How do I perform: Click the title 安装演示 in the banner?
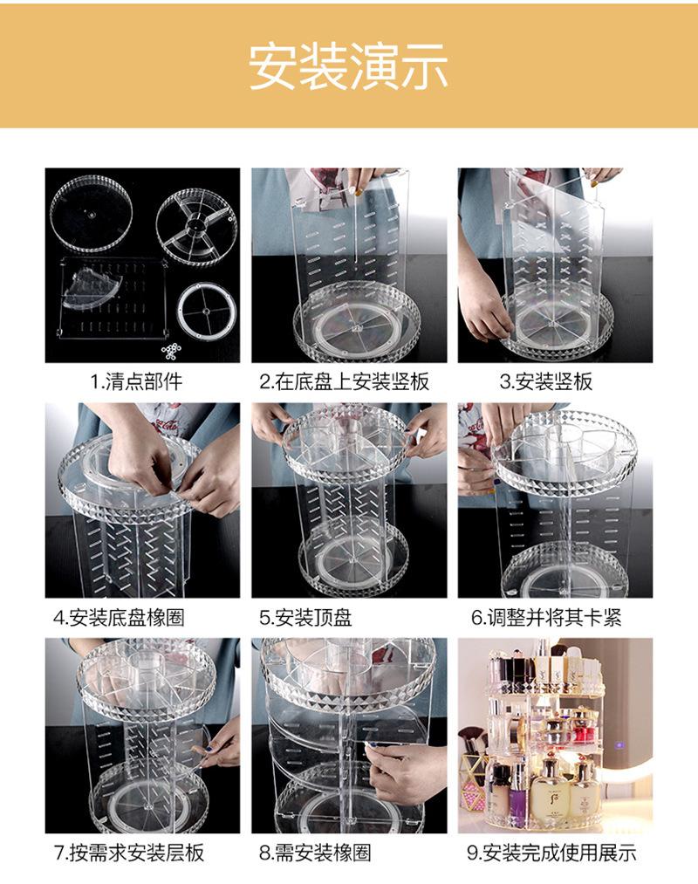pos(348,66)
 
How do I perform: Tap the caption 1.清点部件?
pos(136,381)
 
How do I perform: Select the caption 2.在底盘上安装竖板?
pos(345,381)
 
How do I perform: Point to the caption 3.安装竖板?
pos(546,381)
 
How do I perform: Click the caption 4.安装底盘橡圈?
pos(119,617)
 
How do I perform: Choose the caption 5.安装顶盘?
pos(306,617)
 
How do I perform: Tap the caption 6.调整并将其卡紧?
pos(546,617)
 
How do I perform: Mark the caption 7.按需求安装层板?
pos(129,853)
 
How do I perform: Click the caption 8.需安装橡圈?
pos(315,853)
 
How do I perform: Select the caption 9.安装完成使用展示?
pos(551,853)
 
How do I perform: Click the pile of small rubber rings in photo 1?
pos(171,351)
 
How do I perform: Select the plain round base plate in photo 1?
pos(92,213)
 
